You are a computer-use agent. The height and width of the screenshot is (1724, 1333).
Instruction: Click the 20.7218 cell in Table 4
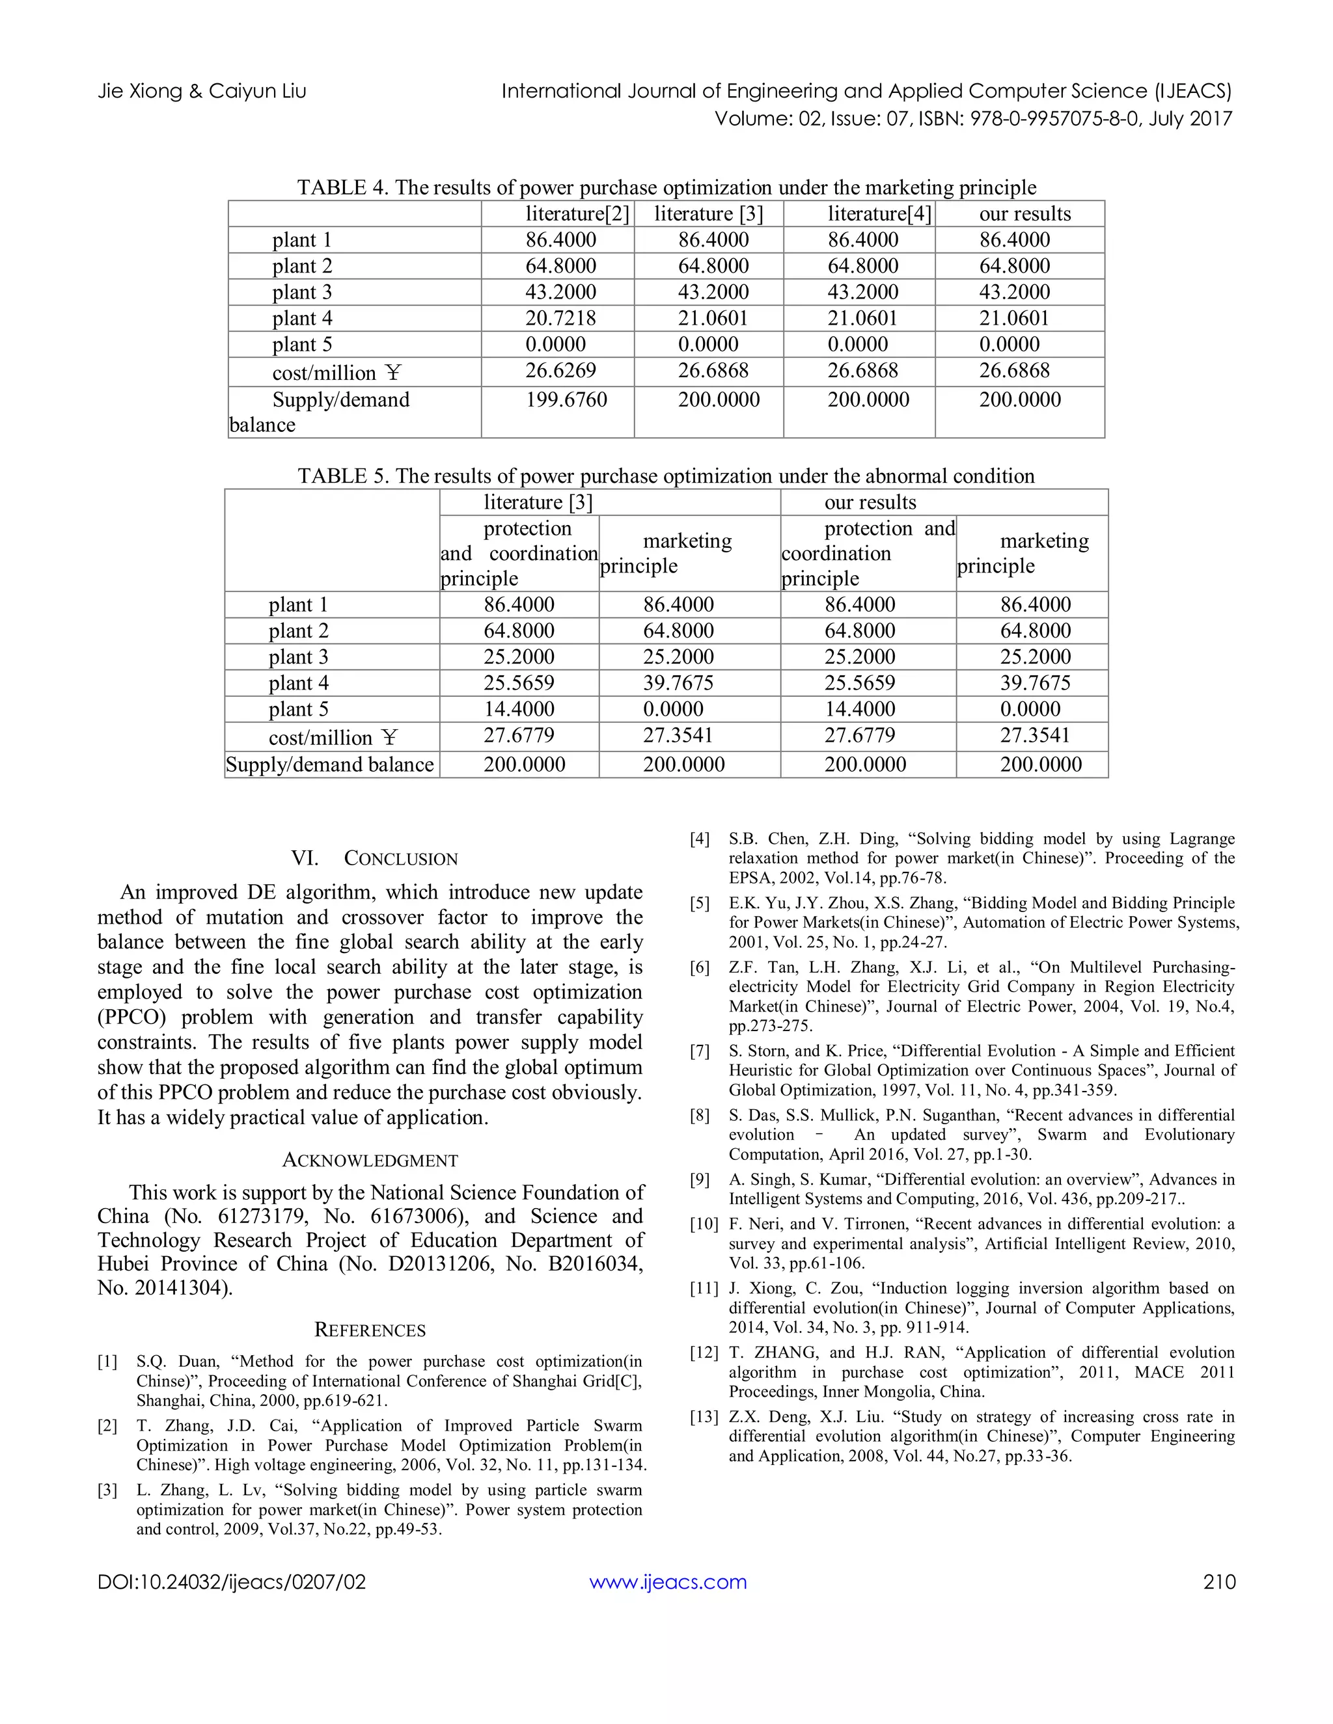(x=560, y=318)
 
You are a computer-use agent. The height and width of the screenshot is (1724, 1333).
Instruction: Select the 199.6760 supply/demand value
(x=566, y=399)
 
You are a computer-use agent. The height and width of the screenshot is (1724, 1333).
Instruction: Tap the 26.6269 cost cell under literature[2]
(x=560, y=371)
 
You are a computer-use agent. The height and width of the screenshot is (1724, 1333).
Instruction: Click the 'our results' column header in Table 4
(x=1024, y=214)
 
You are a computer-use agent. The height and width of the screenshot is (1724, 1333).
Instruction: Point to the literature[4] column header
(x=879, y=214)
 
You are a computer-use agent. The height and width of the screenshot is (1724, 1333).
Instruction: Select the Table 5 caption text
(x=666, y=476)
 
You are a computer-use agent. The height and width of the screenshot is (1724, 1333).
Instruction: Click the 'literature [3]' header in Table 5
(x=538, y=502)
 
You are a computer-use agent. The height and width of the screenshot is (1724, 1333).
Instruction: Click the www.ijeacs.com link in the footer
(x=667, y=1581)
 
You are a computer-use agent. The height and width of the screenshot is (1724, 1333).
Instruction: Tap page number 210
(x=1218, y=1581)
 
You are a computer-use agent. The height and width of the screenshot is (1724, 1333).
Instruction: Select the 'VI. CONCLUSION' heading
(x=374, y=859)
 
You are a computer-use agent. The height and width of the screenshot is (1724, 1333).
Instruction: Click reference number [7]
(x=700, y=1051)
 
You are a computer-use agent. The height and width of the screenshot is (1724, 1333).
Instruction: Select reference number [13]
(x=704, y=1417)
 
